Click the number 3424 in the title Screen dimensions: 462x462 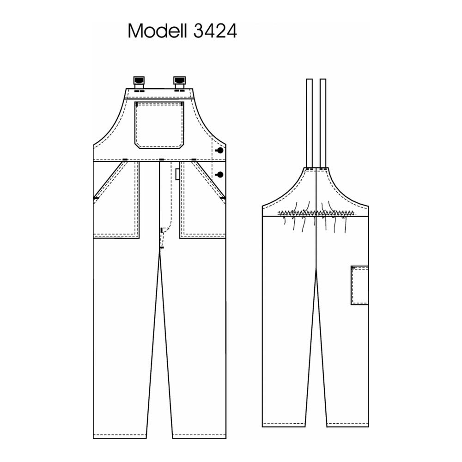pos(215,31)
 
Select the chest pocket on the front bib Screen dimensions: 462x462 pos(159,125)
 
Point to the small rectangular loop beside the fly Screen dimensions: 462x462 pos(177,174)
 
